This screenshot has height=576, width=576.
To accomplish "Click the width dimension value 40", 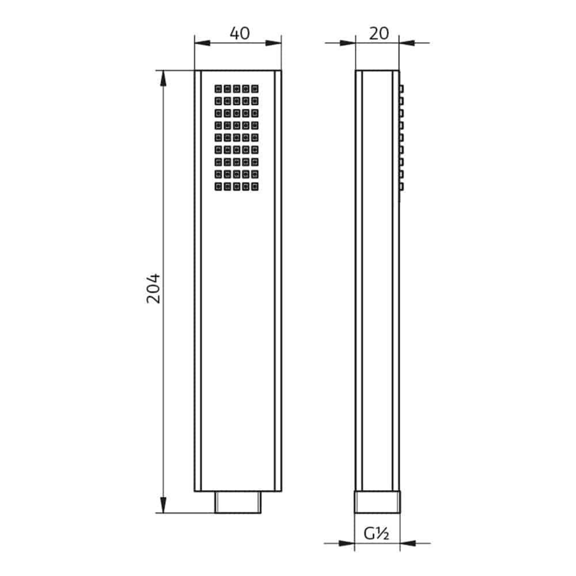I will pos(240,33).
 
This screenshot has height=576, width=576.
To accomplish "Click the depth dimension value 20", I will pos(378,33).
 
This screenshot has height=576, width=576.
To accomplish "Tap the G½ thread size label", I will pos(377,534).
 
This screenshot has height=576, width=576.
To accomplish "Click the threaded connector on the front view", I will pos(238,502).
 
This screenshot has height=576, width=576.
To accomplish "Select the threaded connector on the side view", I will pos(377,502).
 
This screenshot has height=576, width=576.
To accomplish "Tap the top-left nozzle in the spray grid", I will pos(218,89).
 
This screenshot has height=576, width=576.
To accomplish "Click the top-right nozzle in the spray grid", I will pos(255,89).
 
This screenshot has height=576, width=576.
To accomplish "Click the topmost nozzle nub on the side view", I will pos(401,89).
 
